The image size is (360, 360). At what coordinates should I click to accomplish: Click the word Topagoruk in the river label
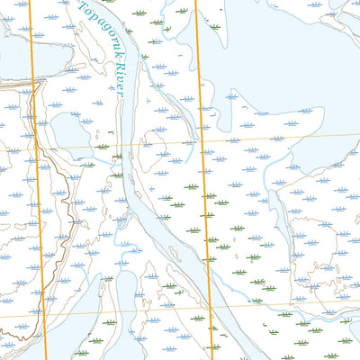[100, 37]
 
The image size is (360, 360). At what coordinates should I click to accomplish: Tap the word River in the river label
[118, 77]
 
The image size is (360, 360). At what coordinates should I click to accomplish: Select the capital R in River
[114, 67]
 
